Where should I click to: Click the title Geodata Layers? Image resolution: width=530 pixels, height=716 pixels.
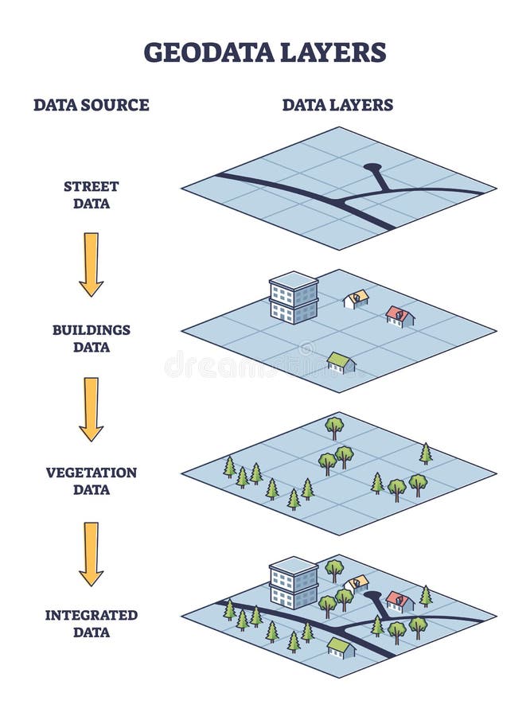(x=264, y=53)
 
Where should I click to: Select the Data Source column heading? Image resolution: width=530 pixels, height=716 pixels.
(x=91, y=105)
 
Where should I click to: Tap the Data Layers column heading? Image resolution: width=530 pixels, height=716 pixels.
(x=337, y=105)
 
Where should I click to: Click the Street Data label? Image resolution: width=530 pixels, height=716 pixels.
(x=91, y=195)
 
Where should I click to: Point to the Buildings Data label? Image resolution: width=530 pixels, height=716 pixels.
(x=91, y=338)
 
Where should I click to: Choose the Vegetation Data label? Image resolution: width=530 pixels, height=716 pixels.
(x=91, y=481)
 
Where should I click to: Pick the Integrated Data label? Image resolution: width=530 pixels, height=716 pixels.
(x=91, y=623)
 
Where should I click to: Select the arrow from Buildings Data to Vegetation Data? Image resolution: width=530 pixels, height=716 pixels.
(x=91, y=408)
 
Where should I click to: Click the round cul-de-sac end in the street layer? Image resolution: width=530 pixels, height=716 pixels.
(x=372, y=169)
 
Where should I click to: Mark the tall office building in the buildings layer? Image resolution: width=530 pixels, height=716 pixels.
(x=294, y=298)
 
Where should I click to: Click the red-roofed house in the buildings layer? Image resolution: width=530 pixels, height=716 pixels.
(x=399, y=317)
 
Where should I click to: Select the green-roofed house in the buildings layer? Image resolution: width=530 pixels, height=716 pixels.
(x=341, y=363)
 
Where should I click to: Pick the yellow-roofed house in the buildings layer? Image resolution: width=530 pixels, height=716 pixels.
(x=357, y=299)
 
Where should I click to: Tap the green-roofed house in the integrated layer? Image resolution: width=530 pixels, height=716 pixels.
(x=341, y=648)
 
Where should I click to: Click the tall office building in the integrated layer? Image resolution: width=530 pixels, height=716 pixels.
(x=294, y=582)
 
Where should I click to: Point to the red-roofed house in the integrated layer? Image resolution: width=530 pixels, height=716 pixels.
(x=399, y=601)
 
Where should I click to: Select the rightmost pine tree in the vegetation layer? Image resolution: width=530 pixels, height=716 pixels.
(x=426, y=454)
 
